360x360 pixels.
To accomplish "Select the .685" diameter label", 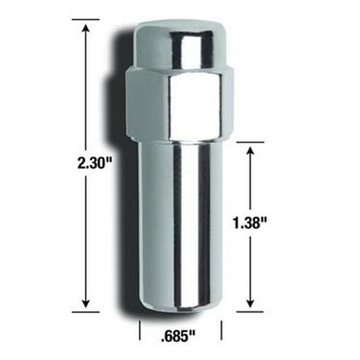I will pyautogui.click(x=181, y=339).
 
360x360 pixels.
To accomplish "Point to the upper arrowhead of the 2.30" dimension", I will pyautogui.click(x=86, y=24).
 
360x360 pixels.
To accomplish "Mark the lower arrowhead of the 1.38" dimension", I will pyautogui.click(x=251, y=304).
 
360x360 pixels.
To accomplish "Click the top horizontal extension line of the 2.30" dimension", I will pyautogui.click(x=86, y=19).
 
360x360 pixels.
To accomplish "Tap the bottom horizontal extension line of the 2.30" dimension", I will pyautogui.click(x=86, y=310).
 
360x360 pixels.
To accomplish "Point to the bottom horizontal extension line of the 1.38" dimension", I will pyautogui.click(x=251, y=310).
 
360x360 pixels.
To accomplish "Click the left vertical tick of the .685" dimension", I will pyautogui.click(x=139, y=329).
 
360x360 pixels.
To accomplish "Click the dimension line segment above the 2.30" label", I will pyautogui.click(x=86, y=87).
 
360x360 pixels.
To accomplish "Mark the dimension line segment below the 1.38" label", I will pyautogui.click(x=251, y=269).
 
